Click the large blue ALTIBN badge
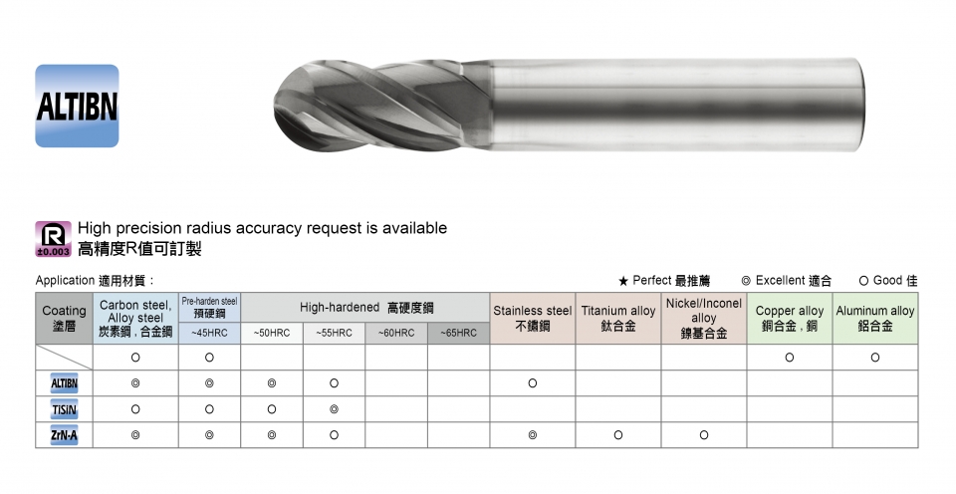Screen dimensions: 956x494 [77, 107]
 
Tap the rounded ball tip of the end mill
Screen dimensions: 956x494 [282, 105]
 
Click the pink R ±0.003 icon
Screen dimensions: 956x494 [53, 238]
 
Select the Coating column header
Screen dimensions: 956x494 [64, 319]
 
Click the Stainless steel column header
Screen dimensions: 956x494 [532, 319]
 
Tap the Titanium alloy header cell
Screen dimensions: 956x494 [618, 319]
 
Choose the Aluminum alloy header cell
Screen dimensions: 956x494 [875, 319]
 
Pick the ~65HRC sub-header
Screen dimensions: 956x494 [458, 333]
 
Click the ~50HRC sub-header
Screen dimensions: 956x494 [272, 333]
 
